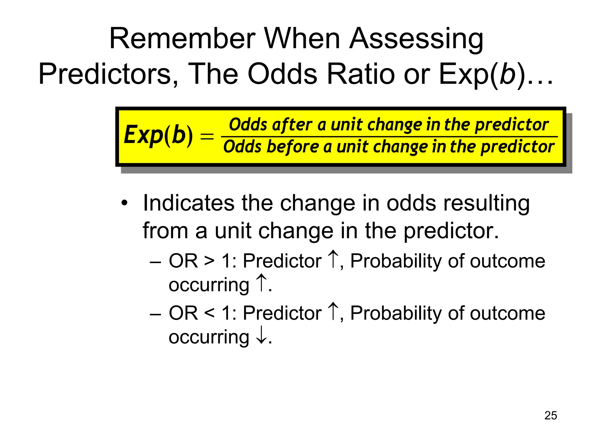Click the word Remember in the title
(x=182, y=39)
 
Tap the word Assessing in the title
(x=416, y=39)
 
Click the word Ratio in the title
(x=360, y=74)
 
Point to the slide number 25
(x=550, y=415)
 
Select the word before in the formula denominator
(x=293, y=147)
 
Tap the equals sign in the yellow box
(x=207, y=136)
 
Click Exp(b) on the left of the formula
(x=158, y=135)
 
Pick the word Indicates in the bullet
(x=189, y=203)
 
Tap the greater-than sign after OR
(x=209, y=261)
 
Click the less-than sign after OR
(x=209, y=313)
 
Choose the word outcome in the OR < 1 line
(x=507, y=313)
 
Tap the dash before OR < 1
(x=155, y=314)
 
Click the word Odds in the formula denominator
(x=242, y=147)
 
